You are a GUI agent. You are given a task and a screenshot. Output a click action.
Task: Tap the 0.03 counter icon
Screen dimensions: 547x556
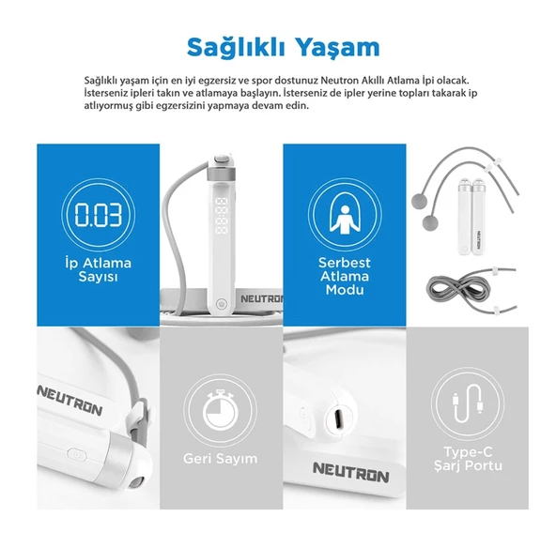tap(98, 215)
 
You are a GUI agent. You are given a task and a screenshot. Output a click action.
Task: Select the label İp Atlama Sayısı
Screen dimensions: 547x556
tap(98, 270)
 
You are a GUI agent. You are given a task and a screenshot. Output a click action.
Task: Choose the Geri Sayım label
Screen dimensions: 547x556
tap(220, 459)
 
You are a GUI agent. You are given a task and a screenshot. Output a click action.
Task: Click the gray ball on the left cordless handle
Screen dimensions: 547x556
tap(428, 223)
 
